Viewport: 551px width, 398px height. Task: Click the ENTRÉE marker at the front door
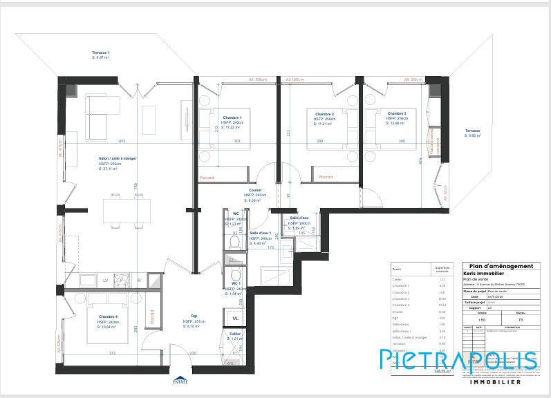point(180,379)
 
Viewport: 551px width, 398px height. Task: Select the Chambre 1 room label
point(232,117)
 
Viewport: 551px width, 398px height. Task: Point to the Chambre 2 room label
point(324,114)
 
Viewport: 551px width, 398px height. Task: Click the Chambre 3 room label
point(396,113)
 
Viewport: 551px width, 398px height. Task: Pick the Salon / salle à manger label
point(118,158)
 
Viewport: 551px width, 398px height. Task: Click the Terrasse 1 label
point(101,53)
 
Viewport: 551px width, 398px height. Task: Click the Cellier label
point(235,333)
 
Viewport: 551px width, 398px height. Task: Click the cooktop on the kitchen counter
point(122,280)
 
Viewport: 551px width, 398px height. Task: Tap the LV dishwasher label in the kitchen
point(105,280)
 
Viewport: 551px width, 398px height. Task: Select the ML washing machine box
point(235,318)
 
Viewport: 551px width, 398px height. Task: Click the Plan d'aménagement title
point(501,266)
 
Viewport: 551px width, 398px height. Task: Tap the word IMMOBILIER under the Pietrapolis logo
point(495,381)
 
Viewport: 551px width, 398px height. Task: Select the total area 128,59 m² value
point(442,371)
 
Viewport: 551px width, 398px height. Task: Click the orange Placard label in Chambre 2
point(326,177)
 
